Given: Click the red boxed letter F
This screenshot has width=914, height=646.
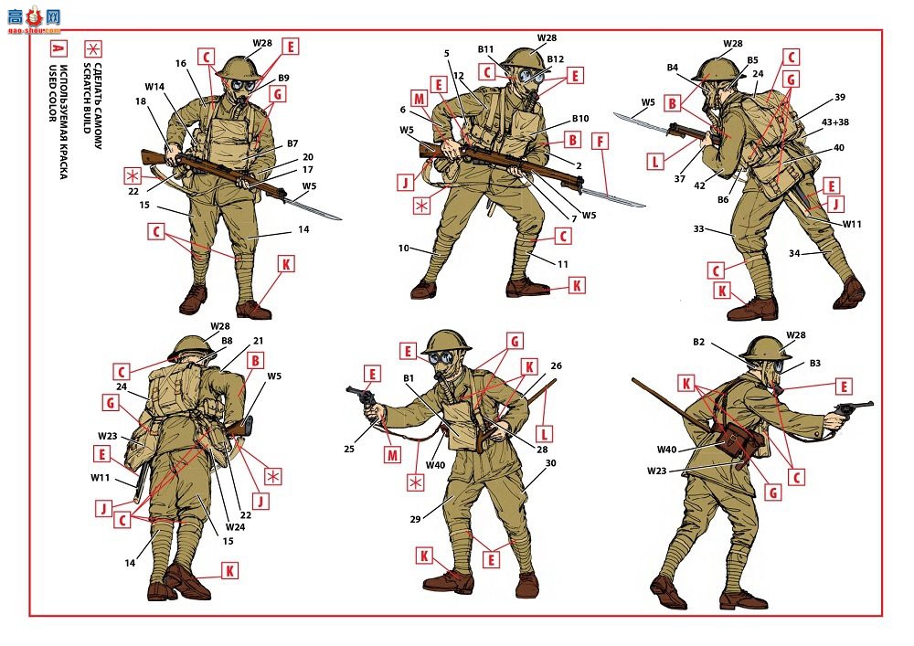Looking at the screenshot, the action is [x=600, y=142].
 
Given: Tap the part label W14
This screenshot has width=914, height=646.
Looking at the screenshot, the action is [x=154, y=87].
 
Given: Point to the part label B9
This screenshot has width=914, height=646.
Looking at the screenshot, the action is [x=283, y=78].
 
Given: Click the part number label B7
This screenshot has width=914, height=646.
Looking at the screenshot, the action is [x=292, y=143].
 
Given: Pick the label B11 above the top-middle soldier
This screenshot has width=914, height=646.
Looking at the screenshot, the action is [x=485, y=49].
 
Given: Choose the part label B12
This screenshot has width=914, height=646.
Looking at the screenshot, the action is [x=556, y=58].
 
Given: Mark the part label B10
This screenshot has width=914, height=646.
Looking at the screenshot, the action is [x=580, y=118].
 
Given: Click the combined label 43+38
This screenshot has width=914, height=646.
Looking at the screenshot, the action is [x=835, y=122].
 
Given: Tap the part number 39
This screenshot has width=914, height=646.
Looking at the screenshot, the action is [x=839, y=97].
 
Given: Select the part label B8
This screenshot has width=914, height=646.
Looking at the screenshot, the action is [x=227, y=341].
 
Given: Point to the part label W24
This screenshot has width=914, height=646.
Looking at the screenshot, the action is [x=236, y=527].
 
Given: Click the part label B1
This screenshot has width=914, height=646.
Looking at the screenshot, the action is [x=409, y=378].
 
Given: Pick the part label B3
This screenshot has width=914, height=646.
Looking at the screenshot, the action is [x=815, y=364].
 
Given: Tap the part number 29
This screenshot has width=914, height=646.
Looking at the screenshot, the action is [x=415, y=519].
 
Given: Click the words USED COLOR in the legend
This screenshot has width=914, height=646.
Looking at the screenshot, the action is [x=52, y=93].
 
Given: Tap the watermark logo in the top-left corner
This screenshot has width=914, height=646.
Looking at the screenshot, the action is [x=35, y=20].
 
